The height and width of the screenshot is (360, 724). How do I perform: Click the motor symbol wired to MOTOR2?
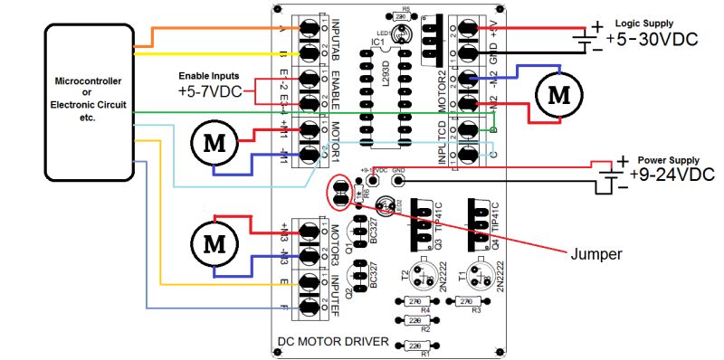click(557, 92)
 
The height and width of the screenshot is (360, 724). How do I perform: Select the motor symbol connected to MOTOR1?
click(214, 142)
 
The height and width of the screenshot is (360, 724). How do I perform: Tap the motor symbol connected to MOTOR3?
click(214, 242)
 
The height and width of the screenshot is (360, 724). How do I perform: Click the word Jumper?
click(595, 254)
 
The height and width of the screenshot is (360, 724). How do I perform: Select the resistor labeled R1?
click(415, 346)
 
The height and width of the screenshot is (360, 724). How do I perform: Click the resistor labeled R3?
click(469, 301)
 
